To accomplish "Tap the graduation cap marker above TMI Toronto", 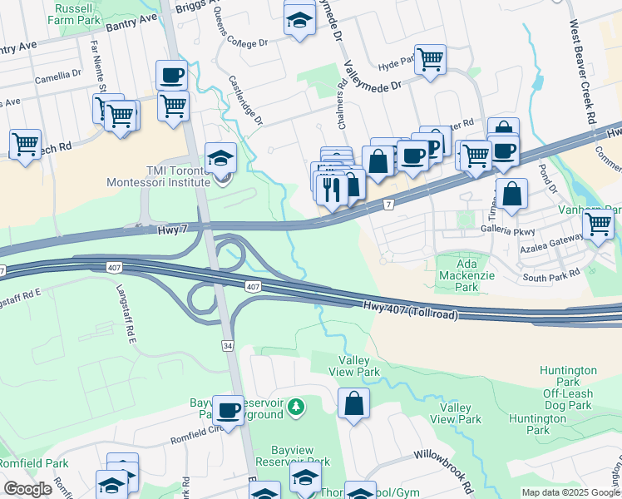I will click(220, 158).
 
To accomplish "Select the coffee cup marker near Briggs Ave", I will click(171, 75).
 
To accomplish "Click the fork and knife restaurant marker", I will click(332, 190).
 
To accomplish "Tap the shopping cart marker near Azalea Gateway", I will click(598, 224).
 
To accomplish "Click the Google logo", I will click(27, 489).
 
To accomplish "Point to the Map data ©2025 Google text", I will click(569, 492).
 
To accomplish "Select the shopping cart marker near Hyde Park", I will click(430, 59).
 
